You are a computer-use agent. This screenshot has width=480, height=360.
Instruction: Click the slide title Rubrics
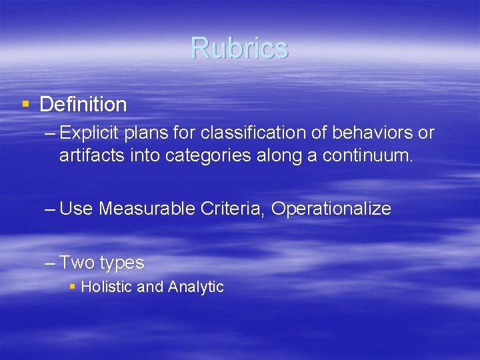click(x=239, y=48)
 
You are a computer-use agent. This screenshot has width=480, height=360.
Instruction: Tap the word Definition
click(x=83, y=104)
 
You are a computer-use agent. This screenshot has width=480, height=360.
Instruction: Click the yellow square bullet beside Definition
click(x=25, y=103)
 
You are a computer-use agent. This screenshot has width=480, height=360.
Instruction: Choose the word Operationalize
click(x=331, y=209)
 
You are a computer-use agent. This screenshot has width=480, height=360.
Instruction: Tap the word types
click(x=122, y=263)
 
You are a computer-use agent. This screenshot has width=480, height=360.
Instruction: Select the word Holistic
click(x=105, y=287)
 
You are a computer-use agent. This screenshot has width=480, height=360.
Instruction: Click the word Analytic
click(x=196, y=287)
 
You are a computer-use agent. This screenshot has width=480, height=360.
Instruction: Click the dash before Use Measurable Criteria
click(x=50, y=209)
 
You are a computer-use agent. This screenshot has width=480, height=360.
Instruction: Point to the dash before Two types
click(x=50, y=263)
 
